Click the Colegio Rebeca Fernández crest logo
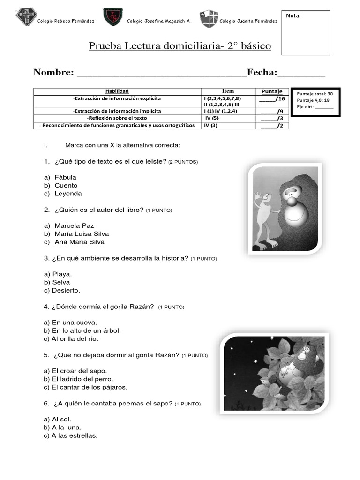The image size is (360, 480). [26, 18]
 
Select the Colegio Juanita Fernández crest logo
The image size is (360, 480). [208, 19]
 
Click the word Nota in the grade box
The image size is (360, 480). [293, 16]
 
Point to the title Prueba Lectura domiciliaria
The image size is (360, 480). [180, 46]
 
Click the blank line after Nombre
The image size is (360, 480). [161, 74]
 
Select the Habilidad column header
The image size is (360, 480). [117, 91]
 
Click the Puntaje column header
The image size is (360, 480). [272, 91]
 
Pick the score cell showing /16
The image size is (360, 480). [272, 99]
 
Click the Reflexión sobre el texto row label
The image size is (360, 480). [117, 118]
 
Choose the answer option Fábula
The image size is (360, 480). [65, 177]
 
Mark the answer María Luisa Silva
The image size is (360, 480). [82, 233]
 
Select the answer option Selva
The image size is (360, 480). [61, 282]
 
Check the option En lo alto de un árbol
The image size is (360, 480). [86, 330]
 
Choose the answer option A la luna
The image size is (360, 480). [67, 427]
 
